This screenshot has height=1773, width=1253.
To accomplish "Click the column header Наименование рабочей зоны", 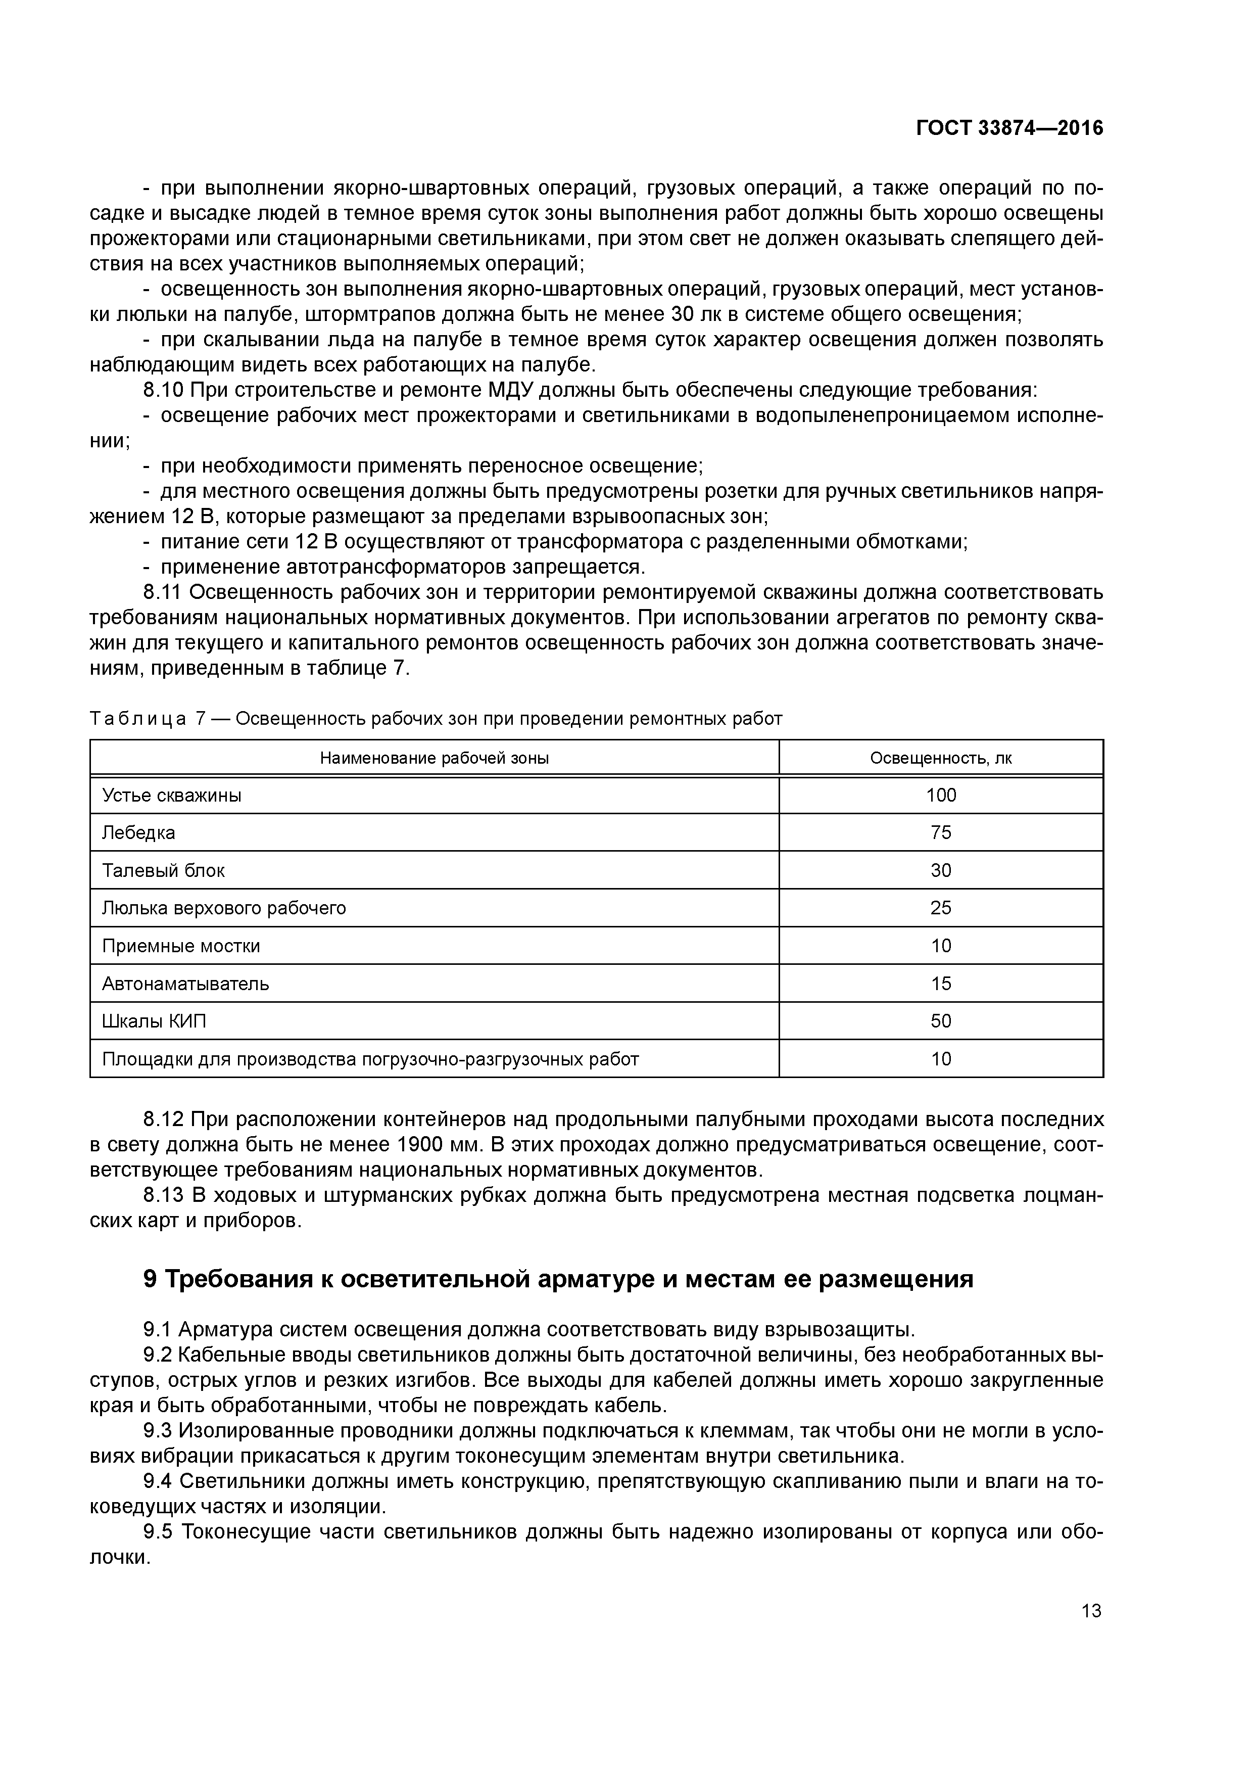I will [434, 758].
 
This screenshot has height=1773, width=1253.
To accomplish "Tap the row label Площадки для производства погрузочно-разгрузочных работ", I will [370, 1059].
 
